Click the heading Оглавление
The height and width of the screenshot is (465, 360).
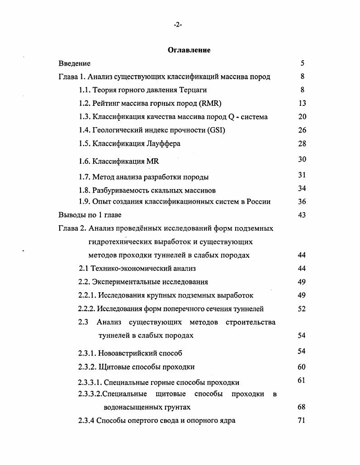[189, 50]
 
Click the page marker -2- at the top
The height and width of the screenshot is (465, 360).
[178, 25]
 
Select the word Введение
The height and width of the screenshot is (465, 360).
[75, 63]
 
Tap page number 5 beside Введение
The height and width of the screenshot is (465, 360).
[302, 63]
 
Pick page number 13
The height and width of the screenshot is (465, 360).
[302, 103]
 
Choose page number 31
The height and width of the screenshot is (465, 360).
[302, 175]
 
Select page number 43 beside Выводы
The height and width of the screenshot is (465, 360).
[302, 215]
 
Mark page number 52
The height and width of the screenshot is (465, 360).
[302, 309]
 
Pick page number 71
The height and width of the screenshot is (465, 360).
[302, 420]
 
